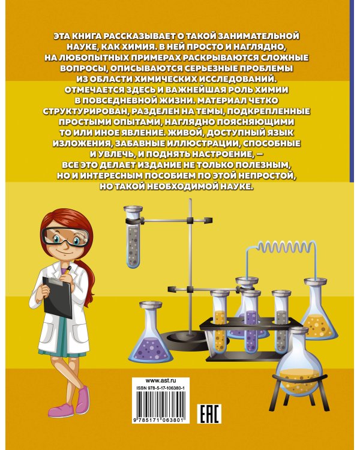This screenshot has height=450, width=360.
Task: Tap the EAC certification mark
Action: (209, 413)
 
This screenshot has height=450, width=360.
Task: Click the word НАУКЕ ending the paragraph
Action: (240, 187)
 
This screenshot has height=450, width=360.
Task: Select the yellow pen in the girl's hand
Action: (68, 269)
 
